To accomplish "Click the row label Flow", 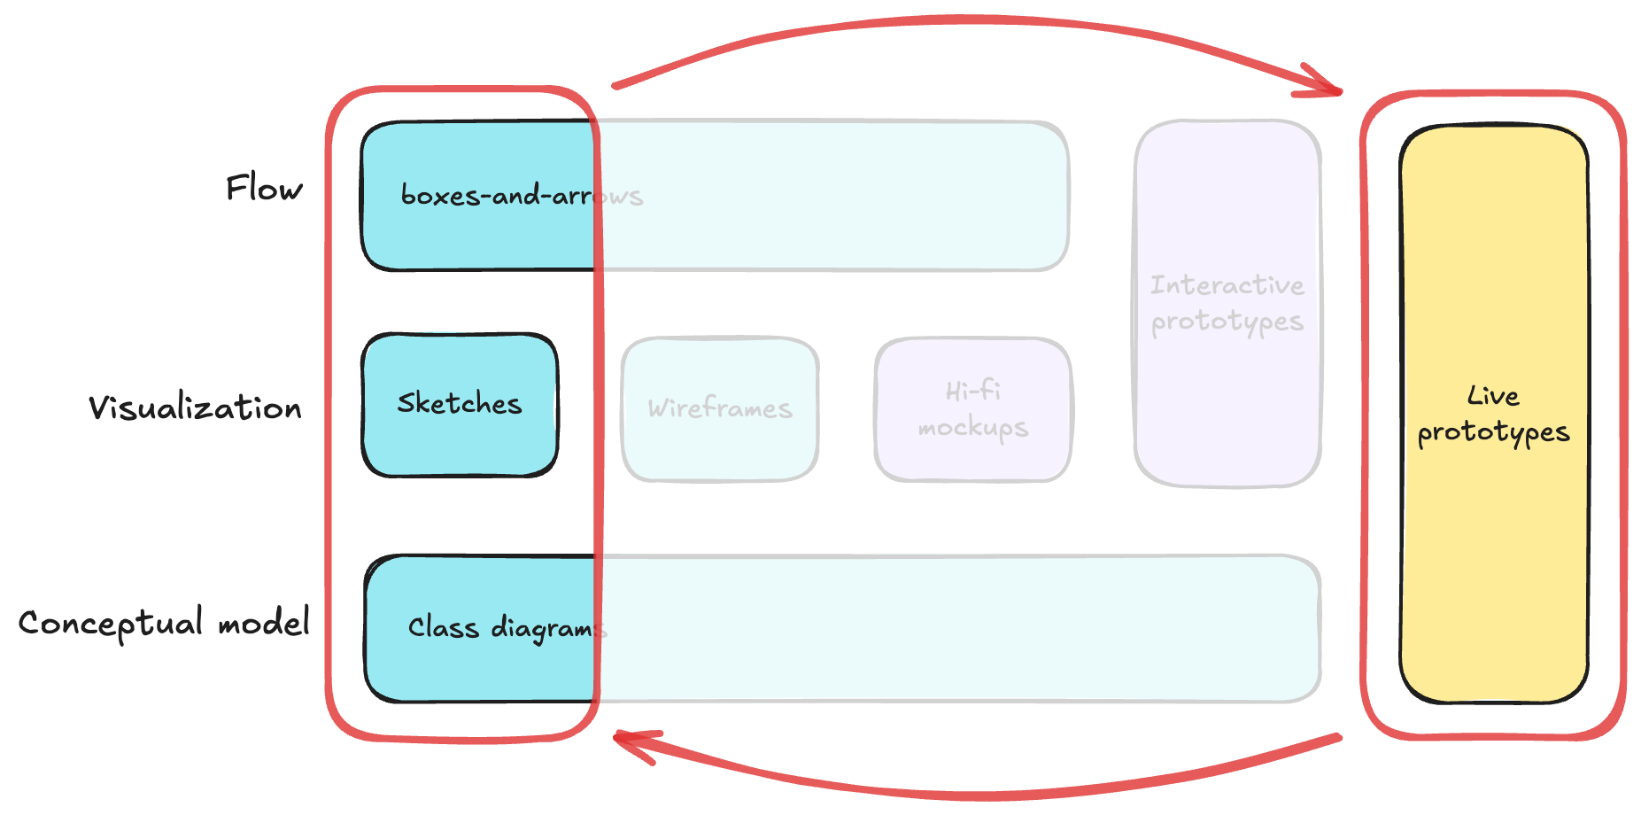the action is [264, 188].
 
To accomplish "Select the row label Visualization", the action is [195, 407].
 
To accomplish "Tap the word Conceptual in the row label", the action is [111, 624].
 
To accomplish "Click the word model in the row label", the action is [264, 622].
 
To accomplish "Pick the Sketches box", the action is [460, 405].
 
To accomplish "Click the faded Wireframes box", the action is [719, 409].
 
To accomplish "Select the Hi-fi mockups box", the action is [973, 409].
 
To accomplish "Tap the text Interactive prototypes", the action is [1227, 304].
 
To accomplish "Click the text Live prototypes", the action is [1493, 415].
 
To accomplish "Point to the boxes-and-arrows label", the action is [522, 195].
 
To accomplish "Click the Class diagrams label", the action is [507, 628].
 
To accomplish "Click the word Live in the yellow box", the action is [1493, 395].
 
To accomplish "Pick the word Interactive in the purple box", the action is [1227, 284].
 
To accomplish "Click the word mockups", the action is [973, 429].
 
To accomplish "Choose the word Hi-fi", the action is [973, 391].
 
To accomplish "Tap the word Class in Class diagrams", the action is [443, 627].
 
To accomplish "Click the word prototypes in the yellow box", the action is [1493, 433].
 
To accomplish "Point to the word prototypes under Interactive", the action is [1227, 322].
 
